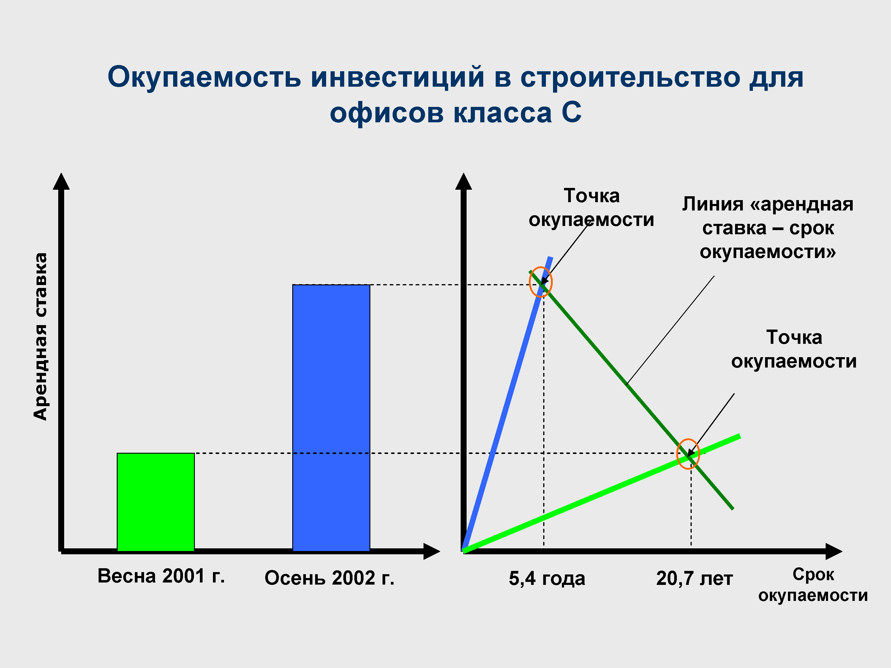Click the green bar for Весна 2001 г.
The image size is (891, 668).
coord(156,502)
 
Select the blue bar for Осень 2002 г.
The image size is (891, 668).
coord(331,417)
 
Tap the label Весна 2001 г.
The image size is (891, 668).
coord(161,576)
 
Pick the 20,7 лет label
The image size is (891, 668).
coord(694,579)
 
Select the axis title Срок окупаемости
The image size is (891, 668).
coord(813,585)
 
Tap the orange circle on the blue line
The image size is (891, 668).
coord(530,282)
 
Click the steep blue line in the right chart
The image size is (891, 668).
coord(507,404)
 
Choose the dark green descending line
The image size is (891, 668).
coord(631,390)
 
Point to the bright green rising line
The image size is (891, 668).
coord(602,493)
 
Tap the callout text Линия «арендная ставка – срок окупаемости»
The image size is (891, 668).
coord(768,228)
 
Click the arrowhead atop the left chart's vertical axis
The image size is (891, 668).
coord(61,181)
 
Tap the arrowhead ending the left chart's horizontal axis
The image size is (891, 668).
coord(432,551)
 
